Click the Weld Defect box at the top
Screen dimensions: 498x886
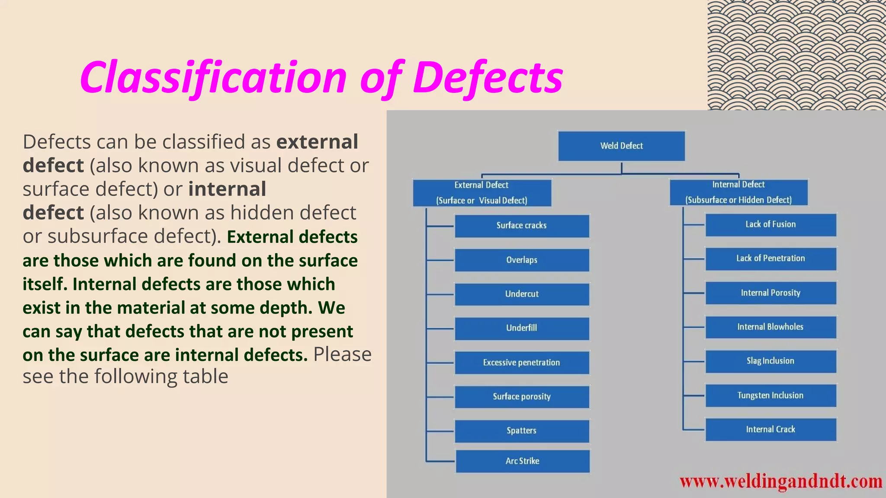(621, 146)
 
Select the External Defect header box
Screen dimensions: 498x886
(482, 193)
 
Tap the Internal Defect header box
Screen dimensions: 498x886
(738, 192)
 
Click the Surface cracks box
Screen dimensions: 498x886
(522, 226)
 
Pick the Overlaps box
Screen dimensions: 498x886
(522, 260)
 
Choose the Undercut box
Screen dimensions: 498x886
(522, 294)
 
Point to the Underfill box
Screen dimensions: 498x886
(522, 328)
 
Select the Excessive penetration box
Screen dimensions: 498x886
(522, 363)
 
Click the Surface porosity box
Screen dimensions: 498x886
(522, 397)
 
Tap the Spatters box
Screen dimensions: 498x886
(522, 431)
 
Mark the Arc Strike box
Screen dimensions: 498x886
(523, 461)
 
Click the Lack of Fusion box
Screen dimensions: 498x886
(770, 224)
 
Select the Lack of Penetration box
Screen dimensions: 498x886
(770, 259)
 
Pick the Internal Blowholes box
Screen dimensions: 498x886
(770, 327)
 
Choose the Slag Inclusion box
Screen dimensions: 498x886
(770, 361)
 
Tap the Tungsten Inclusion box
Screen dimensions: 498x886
(770, 396)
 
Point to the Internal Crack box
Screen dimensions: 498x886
(770, 429)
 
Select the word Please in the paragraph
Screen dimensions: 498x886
(342, 354)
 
